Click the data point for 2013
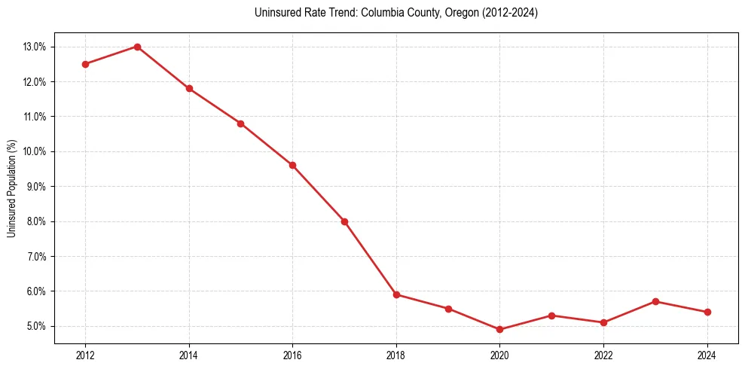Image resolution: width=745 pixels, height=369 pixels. tap(137, 47)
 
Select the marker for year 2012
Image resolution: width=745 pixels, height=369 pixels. tap(85, 64)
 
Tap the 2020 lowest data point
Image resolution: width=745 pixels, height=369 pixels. tap(499, 330)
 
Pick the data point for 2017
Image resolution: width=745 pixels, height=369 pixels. tap(344, 221)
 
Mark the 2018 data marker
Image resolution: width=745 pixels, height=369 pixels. tap(396, 294)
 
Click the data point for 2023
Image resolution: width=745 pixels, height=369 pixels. tap(655, 301)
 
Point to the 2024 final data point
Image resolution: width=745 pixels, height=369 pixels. tap(707, 312)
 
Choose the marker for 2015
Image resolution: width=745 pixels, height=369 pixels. tap(240, 124)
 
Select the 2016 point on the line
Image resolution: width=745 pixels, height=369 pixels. tap(292, 165)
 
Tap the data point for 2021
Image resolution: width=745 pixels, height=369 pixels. tap(551, 316)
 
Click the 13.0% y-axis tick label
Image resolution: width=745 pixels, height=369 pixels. tap(35, 47)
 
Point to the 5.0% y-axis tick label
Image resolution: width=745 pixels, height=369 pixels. tap(37, 326)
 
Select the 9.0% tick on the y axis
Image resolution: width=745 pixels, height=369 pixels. tap(37, 187)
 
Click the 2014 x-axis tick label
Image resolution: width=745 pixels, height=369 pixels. tap(189, 355)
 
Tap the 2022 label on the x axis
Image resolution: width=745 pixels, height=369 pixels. tap(603, 355)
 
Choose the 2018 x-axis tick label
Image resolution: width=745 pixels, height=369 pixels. tap(396, 355)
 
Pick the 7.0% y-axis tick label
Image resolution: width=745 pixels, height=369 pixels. tap(37, 256)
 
